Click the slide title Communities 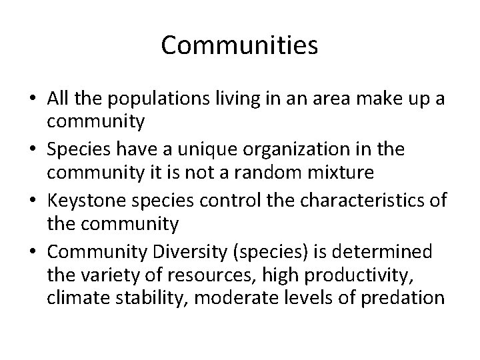pyautogui.click(x=240, y=45)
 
